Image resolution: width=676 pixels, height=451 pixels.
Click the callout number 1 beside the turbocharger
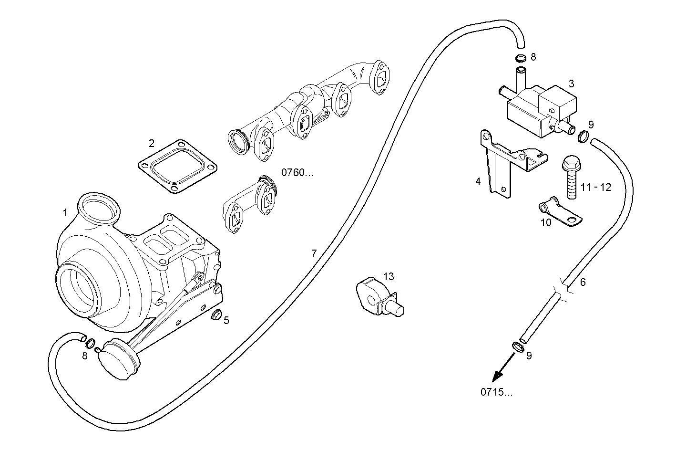click(x=65, y=212)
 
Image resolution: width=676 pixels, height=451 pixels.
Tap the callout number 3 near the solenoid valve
click(x=571, y=84)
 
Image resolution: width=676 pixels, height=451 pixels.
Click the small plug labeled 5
click(x=216, y=315)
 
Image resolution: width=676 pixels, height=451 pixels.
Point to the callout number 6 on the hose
click(x=583, y=282)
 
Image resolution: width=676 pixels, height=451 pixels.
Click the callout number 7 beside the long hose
click(x=314, y=254)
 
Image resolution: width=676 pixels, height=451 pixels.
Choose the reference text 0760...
click(x=297, y=173)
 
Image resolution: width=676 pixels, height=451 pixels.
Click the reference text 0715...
click(x=497, y=393)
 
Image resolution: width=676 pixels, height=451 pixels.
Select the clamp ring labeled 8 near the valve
click(x=521, y=59)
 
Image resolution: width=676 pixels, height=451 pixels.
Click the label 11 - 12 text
click(x=595, y=188)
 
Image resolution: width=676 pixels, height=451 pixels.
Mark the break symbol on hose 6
click(x=563, y=290)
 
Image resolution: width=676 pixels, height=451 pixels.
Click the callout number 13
click(x=389, y=276)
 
